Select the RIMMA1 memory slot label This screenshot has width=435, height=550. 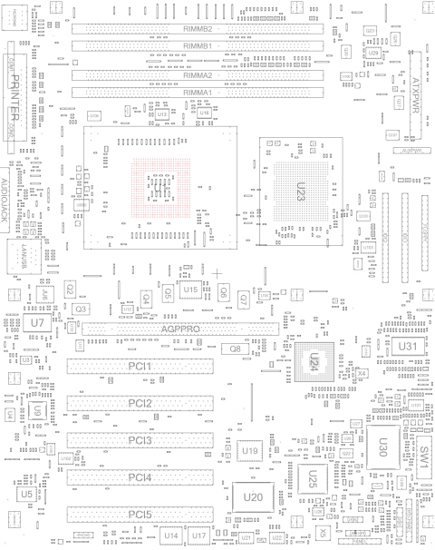point(198,92)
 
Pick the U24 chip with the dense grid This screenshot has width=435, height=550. point(314,360)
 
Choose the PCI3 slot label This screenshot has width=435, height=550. point(140,440)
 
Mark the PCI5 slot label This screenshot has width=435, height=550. point(140,515)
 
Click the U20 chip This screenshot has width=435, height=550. point(253,496)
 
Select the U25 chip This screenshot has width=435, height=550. point(313,476)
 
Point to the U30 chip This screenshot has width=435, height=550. point(382,447)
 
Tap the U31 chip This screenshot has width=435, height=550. point(407,347)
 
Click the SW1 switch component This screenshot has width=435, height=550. point(422,457)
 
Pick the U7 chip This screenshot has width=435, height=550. point(36,322)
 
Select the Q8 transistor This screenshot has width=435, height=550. point(235,349)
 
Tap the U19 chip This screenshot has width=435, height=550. point(250,451)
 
